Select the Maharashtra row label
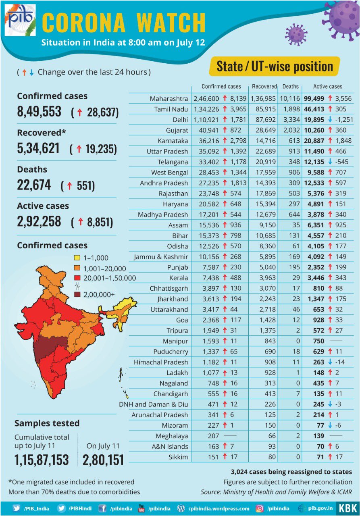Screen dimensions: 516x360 169,99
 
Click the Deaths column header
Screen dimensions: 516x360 290,86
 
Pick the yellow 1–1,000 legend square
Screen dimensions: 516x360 77,258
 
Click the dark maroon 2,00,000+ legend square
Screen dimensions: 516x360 77,295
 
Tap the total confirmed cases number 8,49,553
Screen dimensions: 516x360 39,112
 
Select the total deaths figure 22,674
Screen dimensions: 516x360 34,185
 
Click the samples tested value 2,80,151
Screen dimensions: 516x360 103,460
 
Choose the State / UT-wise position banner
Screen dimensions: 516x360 275,67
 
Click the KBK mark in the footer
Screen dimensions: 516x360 348,508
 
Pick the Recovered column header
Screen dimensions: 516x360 264,86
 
